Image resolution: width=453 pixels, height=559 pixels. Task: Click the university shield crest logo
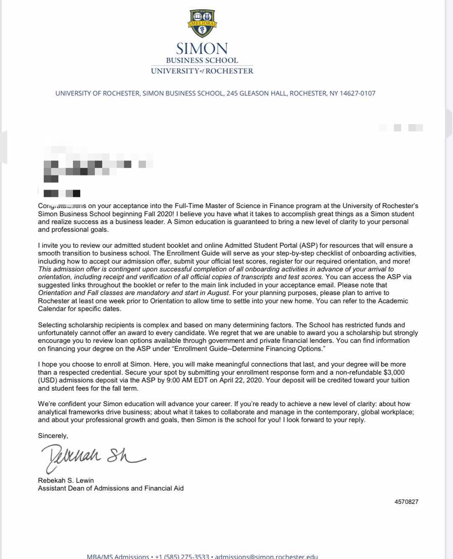[x=202, y=24]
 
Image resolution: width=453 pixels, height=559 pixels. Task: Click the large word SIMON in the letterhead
[x=202, y=49]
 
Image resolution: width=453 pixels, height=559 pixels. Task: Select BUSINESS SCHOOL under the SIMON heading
[x=202, y=60]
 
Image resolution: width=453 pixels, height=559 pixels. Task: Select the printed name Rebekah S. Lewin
[x=66, y=480]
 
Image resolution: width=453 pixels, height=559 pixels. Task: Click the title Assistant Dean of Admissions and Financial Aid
[x=111, y=488]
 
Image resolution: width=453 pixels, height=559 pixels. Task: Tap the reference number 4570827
[x=406, y=502]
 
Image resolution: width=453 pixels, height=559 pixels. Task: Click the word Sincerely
[x=53, y=436]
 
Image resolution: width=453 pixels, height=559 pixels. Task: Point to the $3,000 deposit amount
[x=394, y=372]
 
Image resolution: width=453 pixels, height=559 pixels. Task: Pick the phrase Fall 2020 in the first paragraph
[x=150, y=214]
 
